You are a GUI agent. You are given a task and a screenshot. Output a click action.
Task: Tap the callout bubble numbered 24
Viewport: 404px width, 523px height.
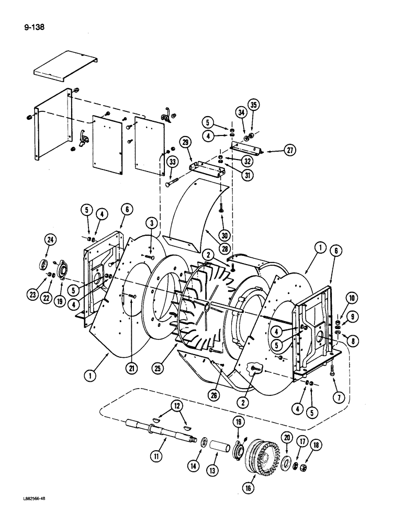pos(50,240)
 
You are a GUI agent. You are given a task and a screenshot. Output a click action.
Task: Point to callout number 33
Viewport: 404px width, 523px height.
pos(172,162)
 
